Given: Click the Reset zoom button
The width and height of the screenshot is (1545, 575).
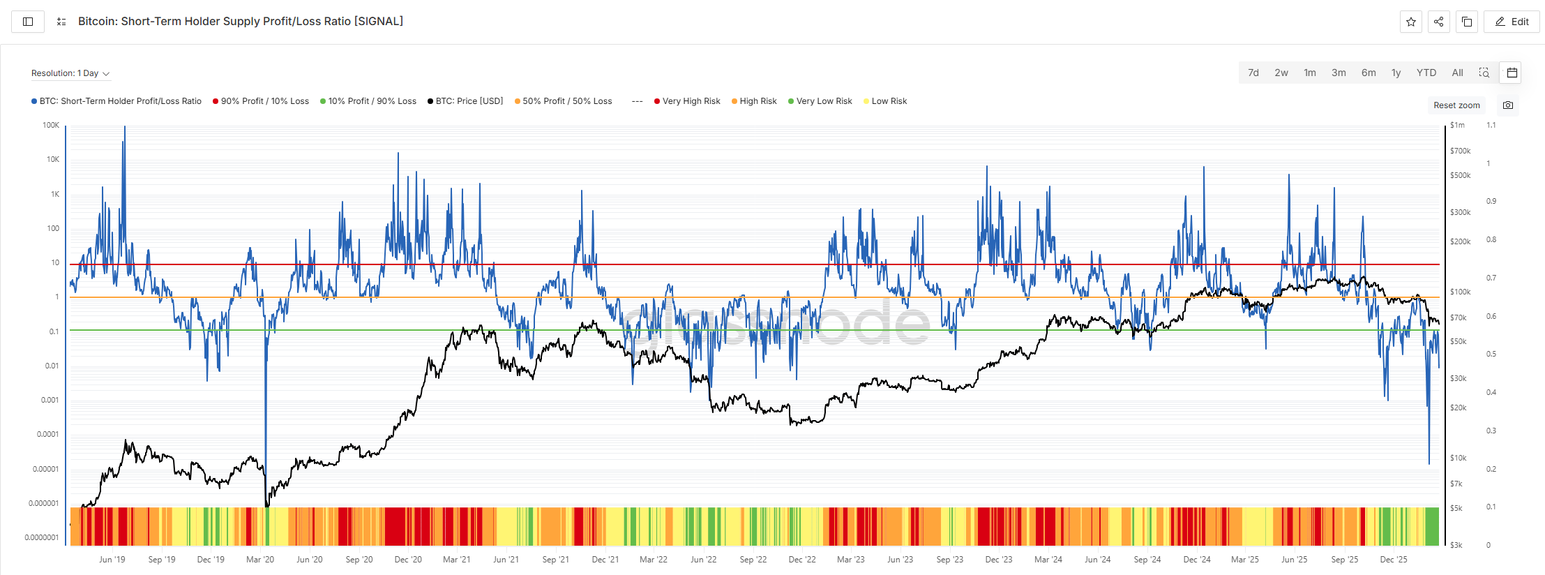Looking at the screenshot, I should coord(1456,105).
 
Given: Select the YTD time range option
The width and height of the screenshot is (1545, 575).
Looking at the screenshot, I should coord(1426,73).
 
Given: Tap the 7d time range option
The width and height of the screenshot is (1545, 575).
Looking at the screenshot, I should coord(1253,73).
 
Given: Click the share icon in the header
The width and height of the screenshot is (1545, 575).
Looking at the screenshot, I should coord(1438,22).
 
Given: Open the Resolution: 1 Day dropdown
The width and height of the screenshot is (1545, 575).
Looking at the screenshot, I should coord(70,73).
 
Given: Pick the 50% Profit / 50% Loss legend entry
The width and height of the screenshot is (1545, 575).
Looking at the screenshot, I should coord(566,101).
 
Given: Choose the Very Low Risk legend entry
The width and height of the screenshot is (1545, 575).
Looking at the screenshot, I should coord(824,101).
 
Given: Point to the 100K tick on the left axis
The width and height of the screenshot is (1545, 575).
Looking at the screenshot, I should coord(51,126).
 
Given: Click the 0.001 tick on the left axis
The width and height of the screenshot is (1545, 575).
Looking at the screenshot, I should coord(50,400).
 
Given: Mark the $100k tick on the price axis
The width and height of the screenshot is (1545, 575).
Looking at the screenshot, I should coord(1460,292).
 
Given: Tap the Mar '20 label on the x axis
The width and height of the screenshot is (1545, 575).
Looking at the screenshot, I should coord(260,560).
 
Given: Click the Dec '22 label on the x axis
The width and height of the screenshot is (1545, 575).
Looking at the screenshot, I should coord(802,560).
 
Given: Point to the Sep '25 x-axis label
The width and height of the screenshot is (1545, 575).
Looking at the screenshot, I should coord(1344,560).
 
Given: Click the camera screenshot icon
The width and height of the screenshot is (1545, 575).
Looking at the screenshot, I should coord(1508,105).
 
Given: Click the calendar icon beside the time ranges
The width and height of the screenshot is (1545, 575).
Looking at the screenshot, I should coord(1512,73).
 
